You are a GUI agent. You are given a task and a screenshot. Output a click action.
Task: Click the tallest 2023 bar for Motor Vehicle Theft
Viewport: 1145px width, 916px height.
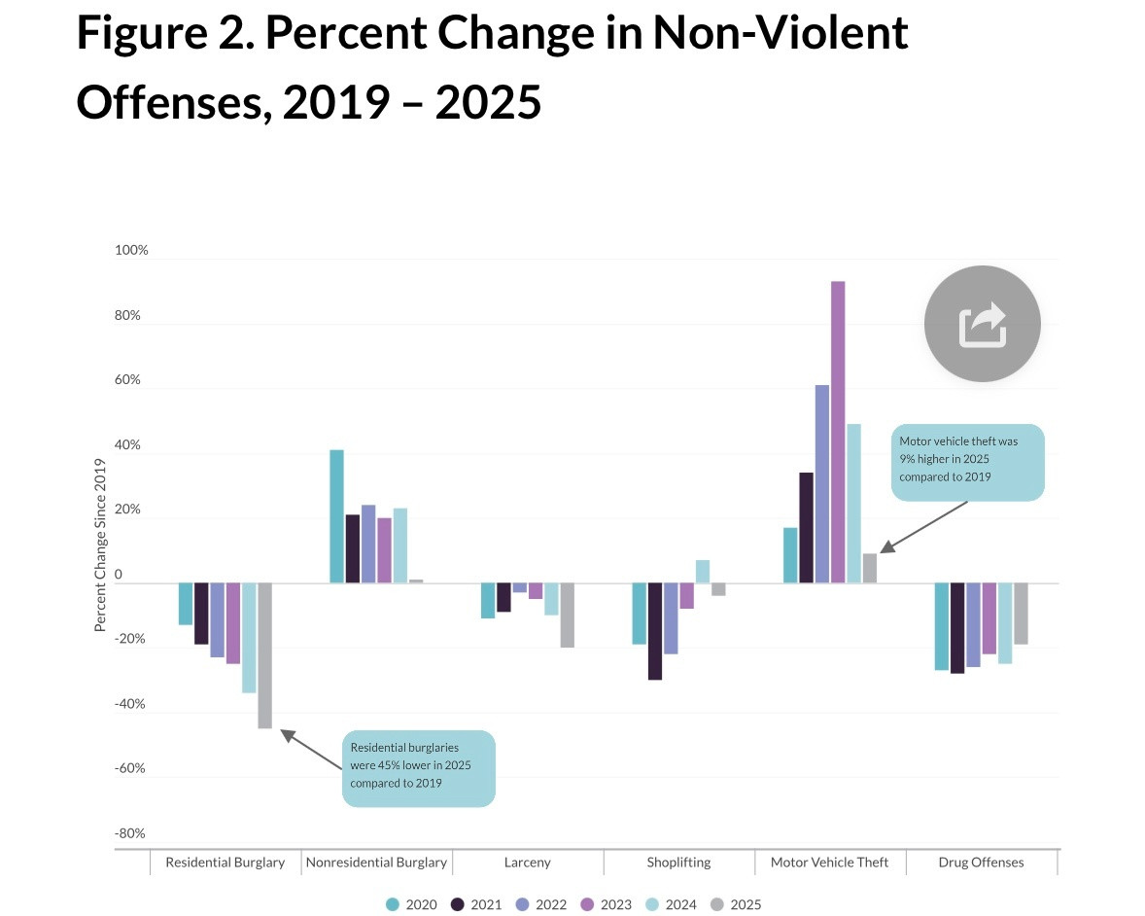[x=838, y=432]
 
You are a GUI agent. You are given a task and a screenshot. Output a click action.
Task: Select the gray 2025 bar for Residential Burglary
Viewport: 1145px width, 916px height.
[x=264, y=655]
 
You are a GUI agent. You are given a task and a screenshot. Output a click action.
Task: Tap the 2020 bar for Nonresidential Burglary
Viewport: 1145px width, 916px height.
[x=336, y=516]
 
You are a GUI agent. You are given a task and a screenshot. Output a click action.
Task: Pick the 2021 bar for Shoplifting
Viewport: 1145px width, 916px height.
[x=655, y=631]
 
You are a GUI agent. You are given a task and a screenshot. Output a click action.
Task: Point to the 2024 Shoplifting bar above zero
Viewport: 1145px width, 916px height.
[x=702, y=572]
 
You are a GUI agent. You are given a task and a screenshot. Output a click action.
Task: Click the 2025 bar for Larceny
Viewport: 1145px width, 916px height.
[x=567, y=616]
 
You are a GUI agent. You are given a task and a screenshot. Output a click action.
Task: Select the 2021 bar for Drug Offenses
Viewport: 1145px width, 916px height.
[x=957, y=628]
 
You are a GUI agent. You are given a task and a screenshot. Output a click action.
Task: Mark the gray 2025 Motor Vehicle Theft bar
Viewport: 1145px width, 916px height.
[x=869, y=568]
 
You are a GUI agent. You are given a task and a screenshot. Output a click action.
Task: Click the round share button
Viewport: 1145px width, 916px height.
[x=982, y=324]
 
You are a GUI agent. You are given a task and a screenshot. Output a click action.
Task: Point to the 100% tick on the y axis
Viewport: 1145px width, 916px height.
[x=131, y=250]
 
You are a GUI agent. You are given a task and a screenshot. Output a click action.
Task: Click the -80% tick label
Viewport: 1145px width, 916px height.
[x=129, y=833]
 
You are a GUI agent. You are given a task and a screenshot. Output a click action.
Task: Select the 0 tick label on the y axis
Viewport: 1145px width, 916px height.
[x=118, y=575]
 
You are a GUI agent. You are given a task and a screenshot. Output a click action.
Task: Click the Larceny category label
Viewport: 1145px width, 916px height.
[x=528, y=862]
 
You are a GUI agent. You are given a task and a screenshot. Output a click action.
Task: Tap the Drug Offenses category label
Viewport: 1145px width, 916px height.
[x=981, y=862]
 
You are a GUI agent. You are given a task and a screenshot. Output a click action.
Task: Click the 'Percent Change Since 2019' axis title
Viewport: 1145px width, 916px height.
[x=100, y=545]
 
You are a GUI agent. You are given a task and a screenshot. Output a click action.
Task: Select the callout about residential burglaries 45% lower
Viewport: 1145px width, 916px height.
[x=419, y=767]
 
